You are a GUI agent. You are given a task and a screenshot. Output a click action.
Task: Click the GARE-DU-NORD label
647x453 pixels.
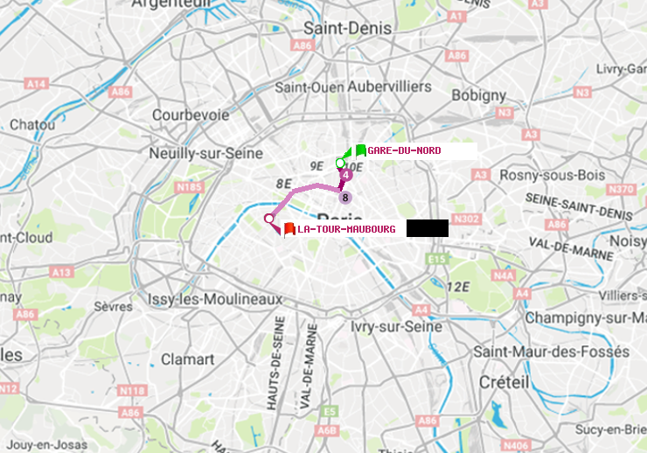tap(404, 150)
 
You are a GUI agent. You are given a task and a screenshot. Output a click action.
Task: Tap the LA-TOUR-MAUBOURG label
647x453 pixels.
tap(346, 229)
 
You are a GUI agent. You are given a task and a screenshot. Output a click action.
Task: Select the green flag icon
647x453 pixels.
tap(360, 150)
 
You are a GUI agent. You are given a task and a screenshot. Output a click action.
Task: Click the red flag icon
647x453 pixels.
tap(289, 229)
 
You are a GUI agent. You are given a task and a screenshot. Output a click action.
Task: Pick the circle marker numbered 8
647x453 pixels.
tap(345, 198)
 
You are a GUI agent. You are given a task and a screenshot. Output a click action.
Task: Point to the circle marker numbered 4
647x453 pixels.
tap(346, 176)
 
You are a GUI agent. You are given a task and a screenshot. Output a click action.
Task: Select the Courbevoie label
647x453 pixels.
tap(191, 115)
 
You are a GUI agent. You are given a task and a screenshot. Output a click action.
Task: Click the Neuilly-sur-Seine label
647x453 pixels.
tap(207, 152)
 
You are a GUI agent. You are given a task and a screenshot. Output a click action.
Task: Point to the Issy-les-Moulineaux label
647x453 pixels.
tap(216, 299)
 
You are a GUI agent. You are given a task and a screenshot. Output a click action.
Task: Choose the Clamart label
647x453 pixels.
tap(188, 359)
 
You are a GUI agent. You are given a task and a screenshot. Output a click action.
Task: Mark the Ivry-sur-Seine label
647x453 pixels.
tap(397, 326)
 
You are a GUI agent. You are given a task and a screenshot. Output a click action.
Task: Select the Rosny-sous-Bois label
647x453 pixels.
tap(551, 175)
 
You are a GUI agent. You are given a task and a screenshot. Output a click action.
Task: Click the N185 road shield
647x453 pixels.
tap(189, 186)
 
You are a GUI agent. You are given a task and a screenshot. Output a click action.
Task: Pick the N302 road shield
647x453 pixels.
tap(467, 219)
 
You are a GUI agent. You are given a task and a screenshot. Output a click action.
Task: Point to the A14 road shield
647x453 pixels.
tap(36, 84)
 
